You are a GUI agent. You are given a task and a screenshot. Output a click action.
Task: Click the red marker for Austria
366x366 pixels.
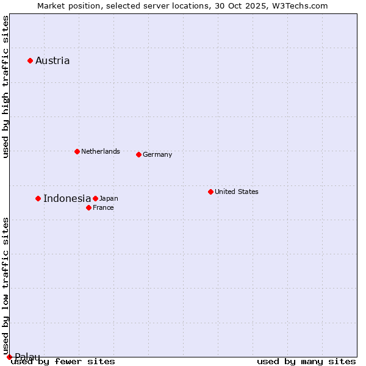[30, 60]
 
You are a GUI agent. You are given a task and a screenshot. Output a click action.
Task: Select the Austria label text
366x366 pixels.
[52, 60]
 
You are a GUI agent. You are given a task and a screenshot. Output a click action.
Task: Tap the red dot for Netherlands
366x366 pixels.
[77, 151]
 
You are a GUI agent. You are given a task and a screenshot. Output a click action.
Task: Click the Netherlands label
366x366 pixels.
[100, 151]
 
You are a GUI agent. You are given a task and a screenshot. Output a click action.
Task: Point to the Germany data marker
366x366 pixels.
[138, 154]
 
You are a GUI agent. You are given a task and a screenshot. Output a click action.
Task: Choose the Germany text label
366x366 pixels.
[157, 154]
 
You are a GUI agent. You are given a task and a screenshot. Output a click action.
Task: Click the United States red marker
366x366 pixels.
[210, 192]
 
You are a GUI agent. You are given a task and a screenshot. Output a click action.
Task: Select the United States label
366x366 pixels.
[236, 192]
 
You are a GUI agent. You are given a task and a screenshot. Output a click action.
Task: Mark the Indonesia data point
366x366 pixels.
[38, 198]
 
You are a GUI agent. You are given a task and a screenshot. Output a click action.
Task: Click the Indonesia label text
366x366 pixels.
[67, 198]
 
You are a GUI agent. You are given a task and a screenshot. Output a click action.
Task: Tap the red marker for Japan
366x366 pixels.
[95, 198]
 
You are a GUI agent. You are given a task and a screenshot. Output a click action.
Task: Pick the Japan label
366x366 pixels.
[109, 198]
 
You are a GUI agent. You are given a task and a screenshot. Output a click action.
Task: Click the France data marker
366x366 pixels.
[88, 207]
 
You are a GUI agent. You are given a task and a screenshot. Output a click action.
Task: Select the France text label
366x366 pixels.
[103, 207]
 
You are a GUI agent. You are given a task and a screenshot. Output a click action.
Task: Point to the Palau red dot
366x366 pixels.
[9, 357]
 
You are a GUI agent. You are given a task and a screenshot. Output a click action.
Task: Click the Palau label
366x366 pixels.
[27, 357]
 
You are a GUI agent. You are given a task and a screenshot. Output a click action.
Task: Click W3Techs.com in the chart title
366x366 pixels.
[300, 5]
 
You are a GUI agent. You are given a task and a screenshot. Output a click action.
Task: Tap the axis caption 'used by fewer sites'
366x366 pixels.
[63, 361]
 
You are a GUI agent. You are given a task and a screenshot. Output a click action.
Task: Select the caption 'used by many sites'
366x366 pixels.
[306, 361]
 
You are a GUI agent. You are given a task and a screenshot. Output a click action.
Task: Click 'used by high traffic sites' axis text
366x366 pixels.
[5, 87]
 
